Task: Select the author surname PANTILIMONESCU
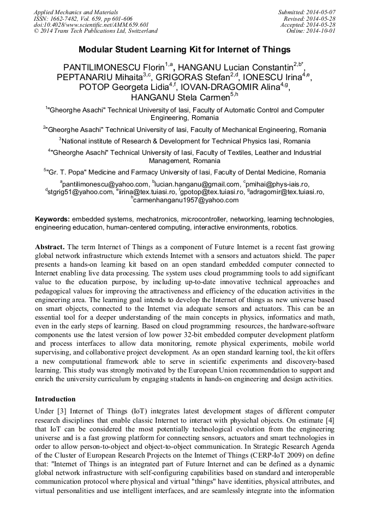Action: [x=102, y=67]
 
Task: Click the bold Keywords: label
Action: [x=52, y=219]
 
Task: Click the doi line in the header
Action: [x=92, y=25]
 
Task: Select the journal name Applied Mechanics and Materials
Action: [x=76, y=12]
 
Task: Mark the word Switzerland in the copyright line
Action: [x=139, y=31]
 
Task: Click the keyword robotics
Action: [x=284, y=227]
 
